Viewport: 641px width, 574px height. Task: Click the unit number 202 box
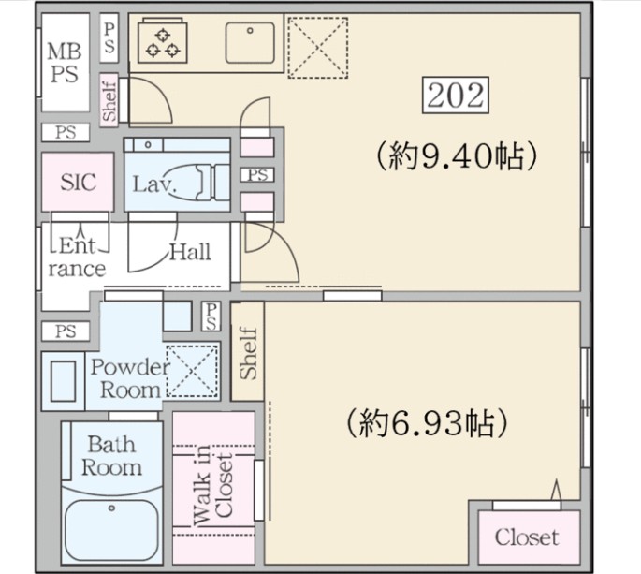tap(456, 95)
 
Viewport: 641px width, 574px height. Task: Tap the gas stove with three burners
tap(163, 41)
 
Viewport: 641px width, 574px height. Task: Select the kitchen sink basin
tap(250, 43)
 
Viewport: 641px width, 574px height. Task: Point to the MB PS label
tap(65, 63)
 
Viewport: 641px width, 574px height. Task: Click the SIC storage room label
tap(78, 182)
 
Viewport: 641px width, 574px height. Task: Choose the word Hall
tap(190, 252)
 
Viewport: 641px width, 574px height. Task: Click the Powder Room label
tap(130, 378)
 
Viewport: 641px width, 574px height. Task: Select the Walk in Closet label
tap(213, 485)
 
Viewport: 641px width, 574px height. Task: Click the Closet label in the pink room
tap(527, 537)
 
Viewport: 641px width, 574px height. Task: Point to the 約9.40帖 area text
tap(456, 156)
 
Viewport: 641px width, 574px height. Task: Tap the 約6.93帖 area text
tap(427, 422)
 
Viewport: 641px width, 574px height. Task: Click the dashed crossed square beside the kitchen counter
tap(317, 48)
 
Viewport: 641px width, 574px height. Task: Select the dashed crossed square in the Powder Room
tap(192, 371)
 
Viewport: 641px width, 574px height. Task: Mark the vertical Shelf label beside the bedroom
tap(249, 353)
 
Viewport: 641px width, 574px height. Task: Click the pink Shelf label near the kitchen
tap(109, 101)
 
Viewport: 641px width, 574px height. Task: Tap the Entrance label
tap(77, 257)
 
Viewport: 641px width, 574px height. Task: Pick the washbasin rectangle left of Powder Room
tap(64, 381)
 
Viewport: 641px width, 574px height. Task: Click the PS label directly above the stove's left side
tap(109, 37)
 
